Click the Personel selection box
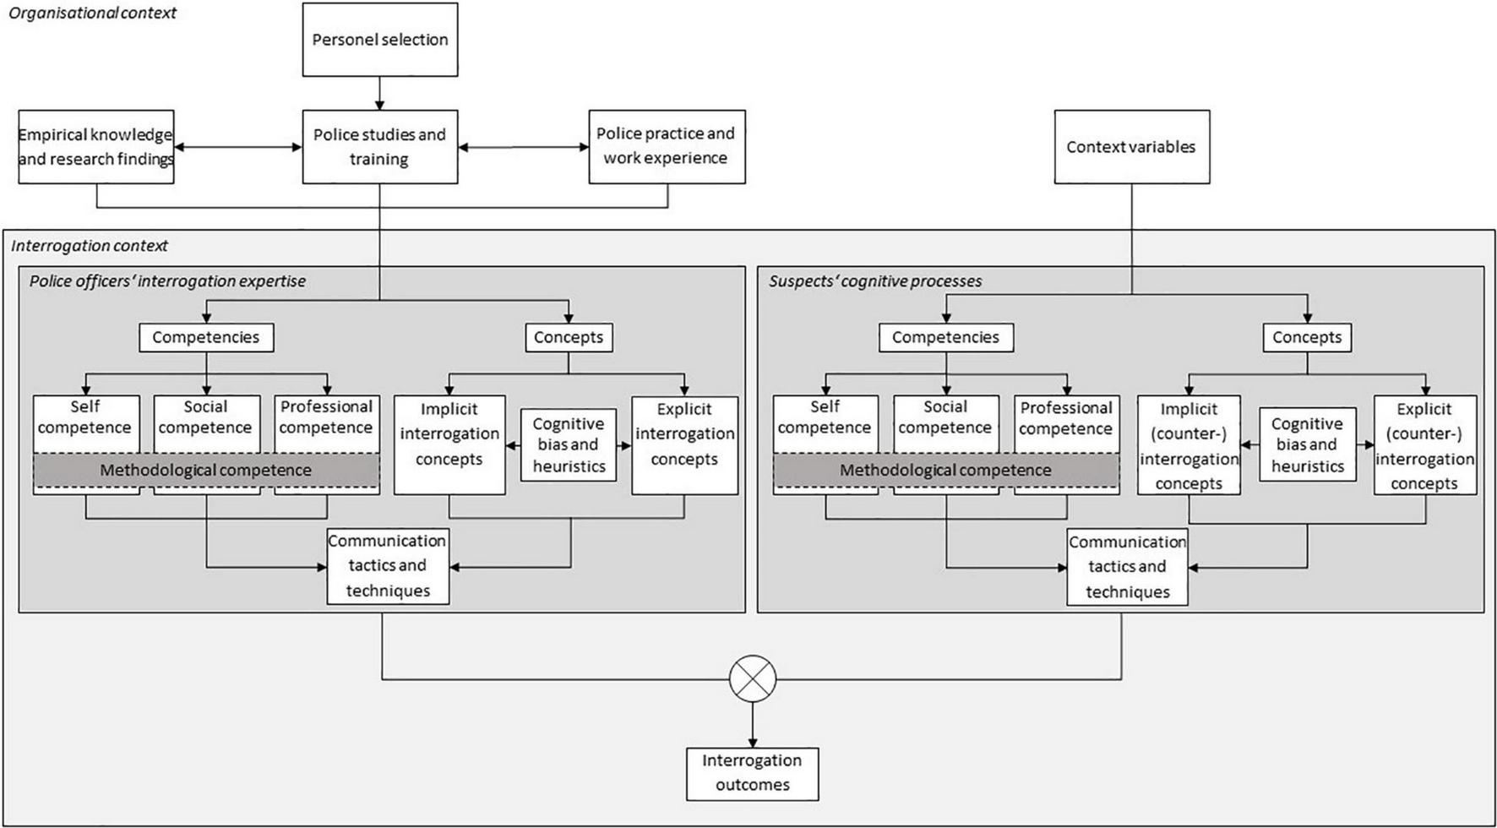380,40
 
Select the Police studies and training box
380,146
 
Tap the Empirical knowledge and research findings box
96,146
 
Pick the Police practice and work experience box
666,146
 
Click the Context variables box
1131,146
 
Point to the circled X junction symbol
752,678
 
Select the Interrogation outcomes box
752,773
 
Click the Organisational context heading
92,13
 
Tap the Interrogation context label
90,246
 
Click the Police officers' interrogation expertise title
167,281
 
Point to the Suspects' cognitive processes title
875,281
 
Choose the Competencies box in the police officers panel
205,337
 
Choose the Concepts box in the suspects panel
1307,337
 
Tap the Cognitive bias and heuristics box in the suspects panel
1307,444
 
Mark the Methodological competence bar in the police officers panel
205,471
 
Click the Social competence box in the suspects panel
945,417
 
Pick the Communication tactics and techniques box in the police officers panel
388,565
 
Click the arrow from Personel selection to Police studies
380,93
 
